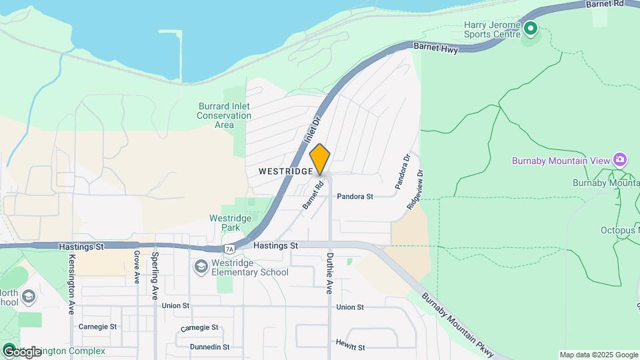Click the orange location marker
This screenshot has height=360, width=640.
pyautogui.click(x=320, y=159)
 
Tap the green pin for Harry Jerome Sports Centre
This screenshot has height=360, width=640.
pyautogui.click(x=530, y=29)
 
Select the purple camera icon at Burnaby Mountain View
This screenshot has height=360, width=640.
pyautogui.click(x=621, y=159)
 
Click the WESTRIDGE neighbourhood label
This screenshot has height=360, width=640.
pyautogui.click(x=285, y=171)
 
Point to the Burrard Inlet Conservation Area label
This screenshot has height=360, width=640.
pyautogui.click(x=224, y=115)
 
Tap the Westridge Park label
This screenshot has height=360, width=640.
pyautogui.click(x=230, y=223)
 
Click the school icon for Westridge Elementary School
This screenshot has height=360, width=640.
pyautogui.click(x=200, y=267)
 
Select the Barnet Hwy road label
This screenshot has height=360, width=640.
pyautogui.click(x=436, y=47)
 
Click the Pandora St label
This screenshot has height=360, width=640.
pyautogui.click(x=355, y=197)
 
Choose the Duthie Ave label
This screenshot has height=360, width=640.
pyautogui.click(x=329, y=273)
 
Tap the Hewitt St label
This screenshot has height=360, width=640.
pyautogui.click(x=351, y=347)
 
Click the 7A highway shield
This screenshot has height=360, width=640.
pyautogui.click(x=229, y=249)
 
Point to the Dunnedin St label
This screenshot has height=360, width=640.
pyautogui.click(x=209, y=347)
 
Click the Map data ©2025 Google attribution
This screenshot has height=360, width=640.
pyautogui.click(x=599, y=355)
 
